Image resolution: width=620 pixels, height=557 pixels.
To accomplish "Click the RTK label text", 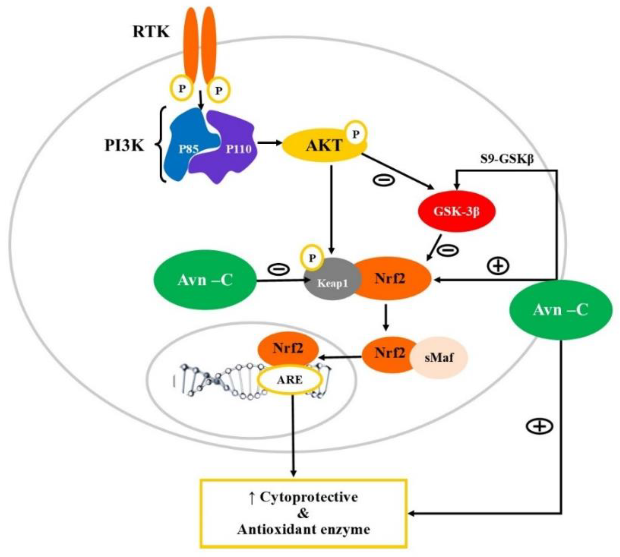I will [151, 31].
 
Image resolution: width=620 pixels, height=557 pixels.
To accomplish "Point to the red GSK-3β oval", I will [456, 212].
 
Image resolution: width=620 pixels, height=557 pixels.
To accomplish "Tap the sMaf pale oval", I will [439, 358].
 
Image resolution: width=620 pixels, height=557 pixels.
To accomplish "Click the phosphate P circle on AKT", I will [355, 134].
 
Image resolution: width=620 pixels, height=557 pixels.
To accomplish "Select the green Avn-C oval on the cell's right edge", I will [560, 310].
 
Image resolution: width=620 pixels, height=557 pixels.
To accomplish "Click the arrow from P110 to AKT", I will [269, 143].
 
